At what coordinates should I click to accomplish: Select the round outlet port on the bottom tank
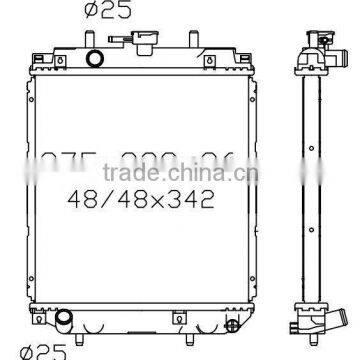[x=66, y=320]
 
